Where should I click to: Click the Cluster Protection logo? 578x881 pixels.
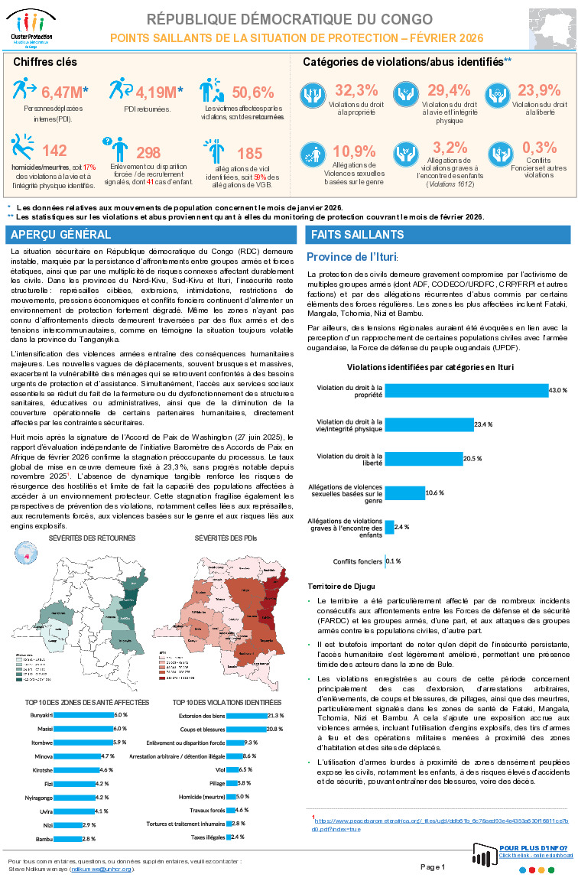29,28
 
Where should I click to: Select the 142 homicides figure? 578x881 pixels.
55,151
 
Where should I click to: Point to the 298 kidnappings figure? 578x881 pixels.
148,153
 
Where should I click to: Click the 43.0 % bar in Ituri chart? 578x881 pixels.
467,390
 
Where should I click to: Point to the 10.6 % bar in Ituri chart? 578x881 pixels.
405,493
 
